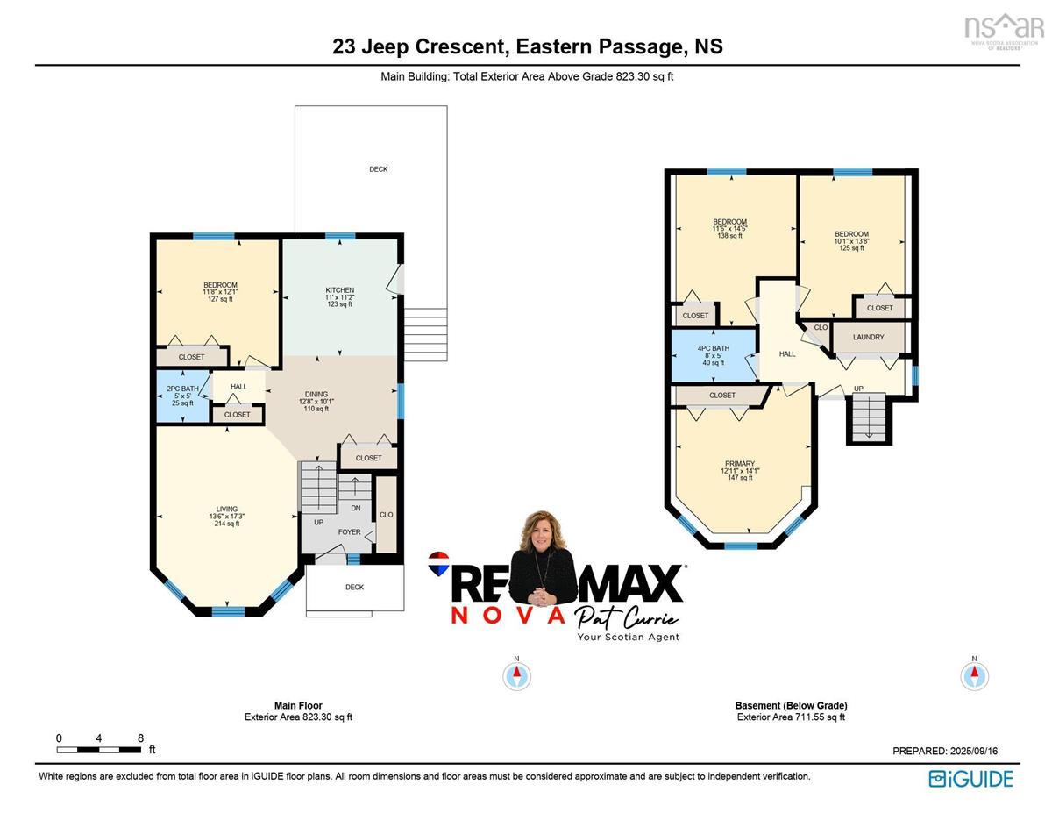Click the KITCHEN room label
point(339,289)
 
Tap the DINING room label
point(316,394)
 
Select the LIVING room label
point(226,509)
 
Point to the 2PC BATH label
point(182,389)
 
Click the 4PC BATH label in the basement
point(713,348)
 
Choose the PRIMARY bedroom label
point(740,463)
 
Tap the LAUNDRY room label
point(869,337)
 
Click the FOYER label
point(349,531)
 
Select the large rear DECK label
point(378,169)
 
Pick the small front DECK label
point(354,587)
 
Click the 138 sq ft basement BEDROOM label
point(729,221)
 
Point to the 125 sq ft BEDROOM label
point(851,234)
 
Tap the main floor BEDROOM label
point(220,285)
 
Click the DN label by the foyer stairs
point(356,508)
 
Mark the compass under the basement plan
point(974,676)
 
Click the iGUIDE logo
point(970,779)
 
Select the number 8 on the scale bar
point(140,738)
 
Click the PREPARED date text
point(945,751)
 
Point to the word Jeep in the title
point(386,47)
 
